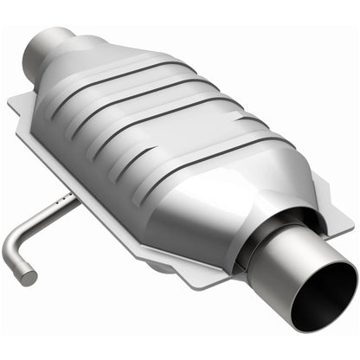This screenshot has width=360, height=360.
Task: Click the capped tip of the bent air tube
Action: pyautogui.click(x=29, y=278)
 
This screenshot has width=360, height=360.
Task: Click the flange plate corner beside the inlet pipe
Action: pyautogui.click(x=19, y=106)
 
